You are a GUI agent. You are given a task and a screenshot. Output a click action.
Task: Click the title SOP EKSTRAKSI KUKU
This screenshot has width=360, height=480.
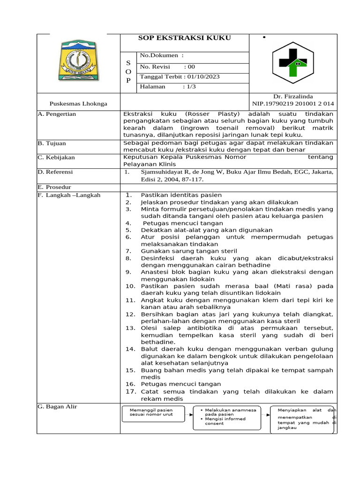(185, 38)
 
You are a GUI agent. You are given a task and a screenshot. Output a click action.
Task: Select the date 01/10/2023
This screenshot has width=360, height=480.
(202, 77)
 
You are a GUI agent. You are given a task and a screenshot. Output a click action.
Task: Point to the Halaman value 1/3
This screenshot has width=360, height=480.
(188, 87)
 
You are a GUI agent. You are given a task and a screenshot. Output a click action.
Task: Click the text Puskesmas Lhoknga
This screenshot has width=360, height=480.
(78, 104)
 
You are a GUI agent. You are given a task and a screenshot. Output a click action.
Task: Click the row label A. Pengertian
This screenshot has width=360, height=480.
(57, 114)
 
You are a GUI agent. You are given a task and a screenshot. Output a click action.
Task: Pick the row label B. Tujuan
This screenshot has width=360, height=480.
(52, 143)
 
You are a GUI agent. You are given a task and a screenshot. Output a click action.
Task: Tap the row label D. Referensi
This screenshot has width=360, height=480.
(57, 172)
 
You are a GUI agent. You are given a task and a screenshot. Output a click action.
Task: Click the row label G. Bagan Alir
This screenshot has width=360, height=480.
(57, 406)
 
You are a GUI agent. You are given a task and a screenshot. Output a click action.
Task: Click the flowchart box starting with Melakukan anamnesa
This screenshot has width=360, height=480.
(229, 417)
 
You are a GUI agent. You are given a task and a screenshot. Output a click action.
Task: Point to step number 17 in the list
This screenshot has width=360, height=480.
(130, 391)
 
